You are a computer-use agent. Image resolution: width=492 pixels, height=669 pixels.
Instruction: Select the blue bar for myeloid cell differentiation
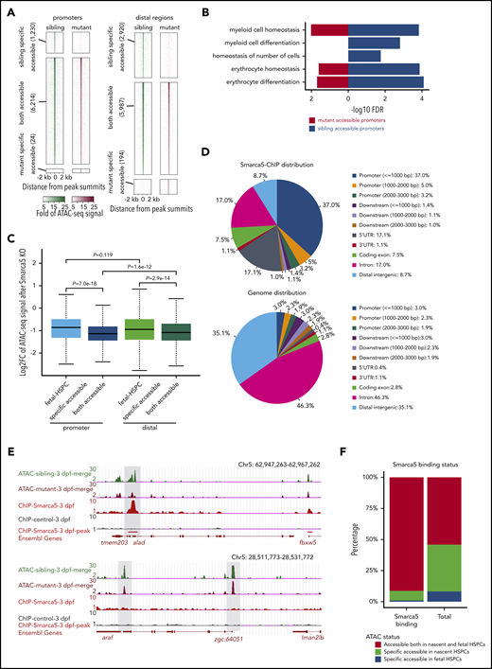(374, 43)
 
